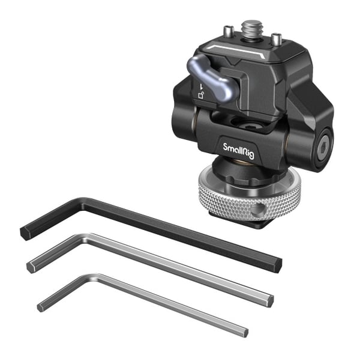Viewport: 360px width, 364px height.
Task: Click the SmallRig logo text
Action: pyautogui.click(x=238, y=151)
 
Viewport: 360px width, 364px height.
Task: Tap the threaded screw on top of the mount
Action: pyautogui.click(x=253, y=29)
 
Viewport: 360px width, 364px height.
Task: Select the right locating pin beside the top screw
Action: pyautogui.click(x=277, y=40)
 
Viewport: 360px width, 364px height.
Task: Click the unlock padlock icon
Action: pyautogui.click(x=201, y=95)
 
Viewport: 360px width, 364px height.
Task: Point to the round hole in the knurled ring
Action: pyautogui.click(x=257, y=210)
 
